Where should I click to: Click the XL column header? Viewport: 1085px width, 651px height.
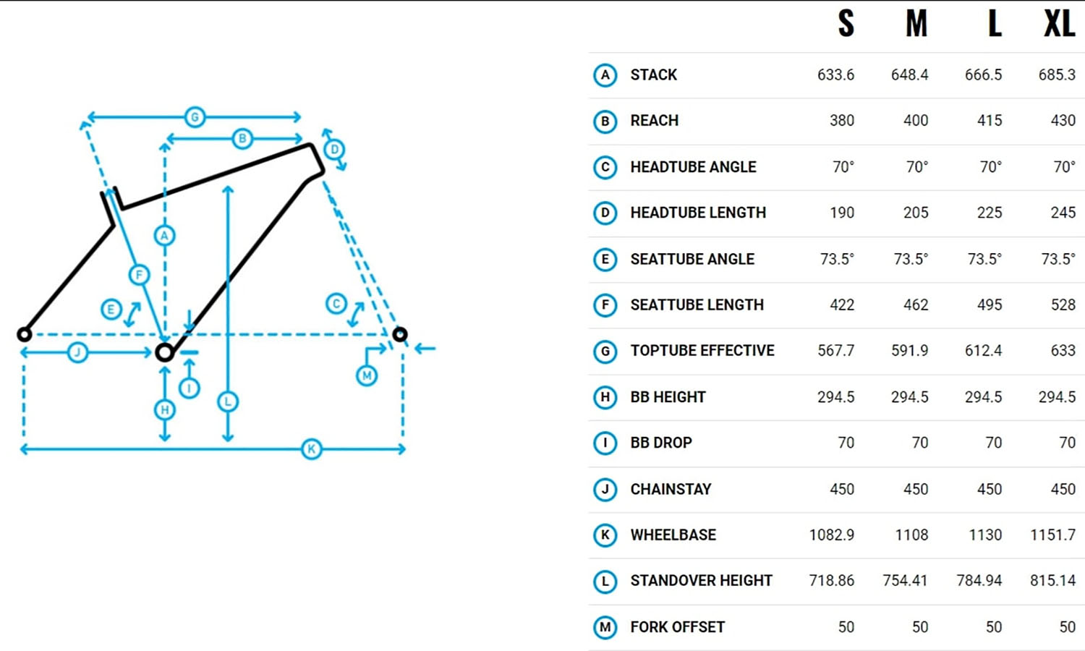[1060, 24]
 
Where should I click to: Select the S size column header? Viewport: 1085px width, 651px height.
[846, 24]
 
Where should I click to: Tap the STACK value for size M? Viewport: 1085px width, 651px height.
[909, 75]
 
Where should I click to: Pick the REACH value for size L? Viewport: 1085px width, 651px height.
[989, 121]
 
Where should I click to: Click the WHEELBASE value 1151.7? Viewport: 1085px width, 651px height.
[1052, 535]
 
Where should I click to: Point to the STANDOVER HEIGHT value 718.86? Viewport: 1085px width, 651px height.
[831, 581]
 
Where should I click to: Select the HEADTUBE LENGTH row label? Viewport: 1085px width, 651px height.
[697, 213]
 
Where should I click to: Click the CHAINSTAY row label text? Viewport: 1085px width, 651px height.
[671, 489]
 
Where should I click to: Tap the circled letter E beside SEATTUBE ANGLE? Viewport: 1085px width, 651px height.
[605, 259]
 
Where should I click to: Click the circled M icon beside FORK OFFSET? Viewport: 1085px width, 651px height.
[605, 627]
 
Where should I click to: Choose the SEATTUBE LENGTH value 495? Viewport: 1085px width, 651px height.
[989, 305]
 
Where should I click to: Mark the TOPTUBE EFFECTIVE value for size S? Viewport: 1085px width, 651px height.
[835, 351]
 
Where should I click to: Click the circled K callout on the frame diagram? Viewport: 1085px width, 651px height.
[312, 449]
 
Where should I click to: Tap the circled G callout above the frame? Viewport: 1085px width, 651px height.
[195, 116]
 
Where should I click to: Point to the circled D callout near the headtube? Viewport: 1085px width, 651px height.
[334, 150]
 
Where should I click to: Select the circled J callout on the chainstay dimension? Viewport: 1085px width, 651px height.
[77, 352]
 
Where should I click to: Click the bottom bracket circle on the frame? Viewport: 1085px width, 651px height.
[165, 352]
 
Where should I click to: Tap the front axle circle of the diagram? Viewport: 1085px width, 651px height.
[400, 334]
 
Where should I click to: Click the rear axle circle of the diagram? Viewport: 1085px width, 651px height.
[24, 334]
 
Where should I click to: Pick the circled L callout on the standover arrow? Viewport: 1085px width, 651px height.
[228, 401]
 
